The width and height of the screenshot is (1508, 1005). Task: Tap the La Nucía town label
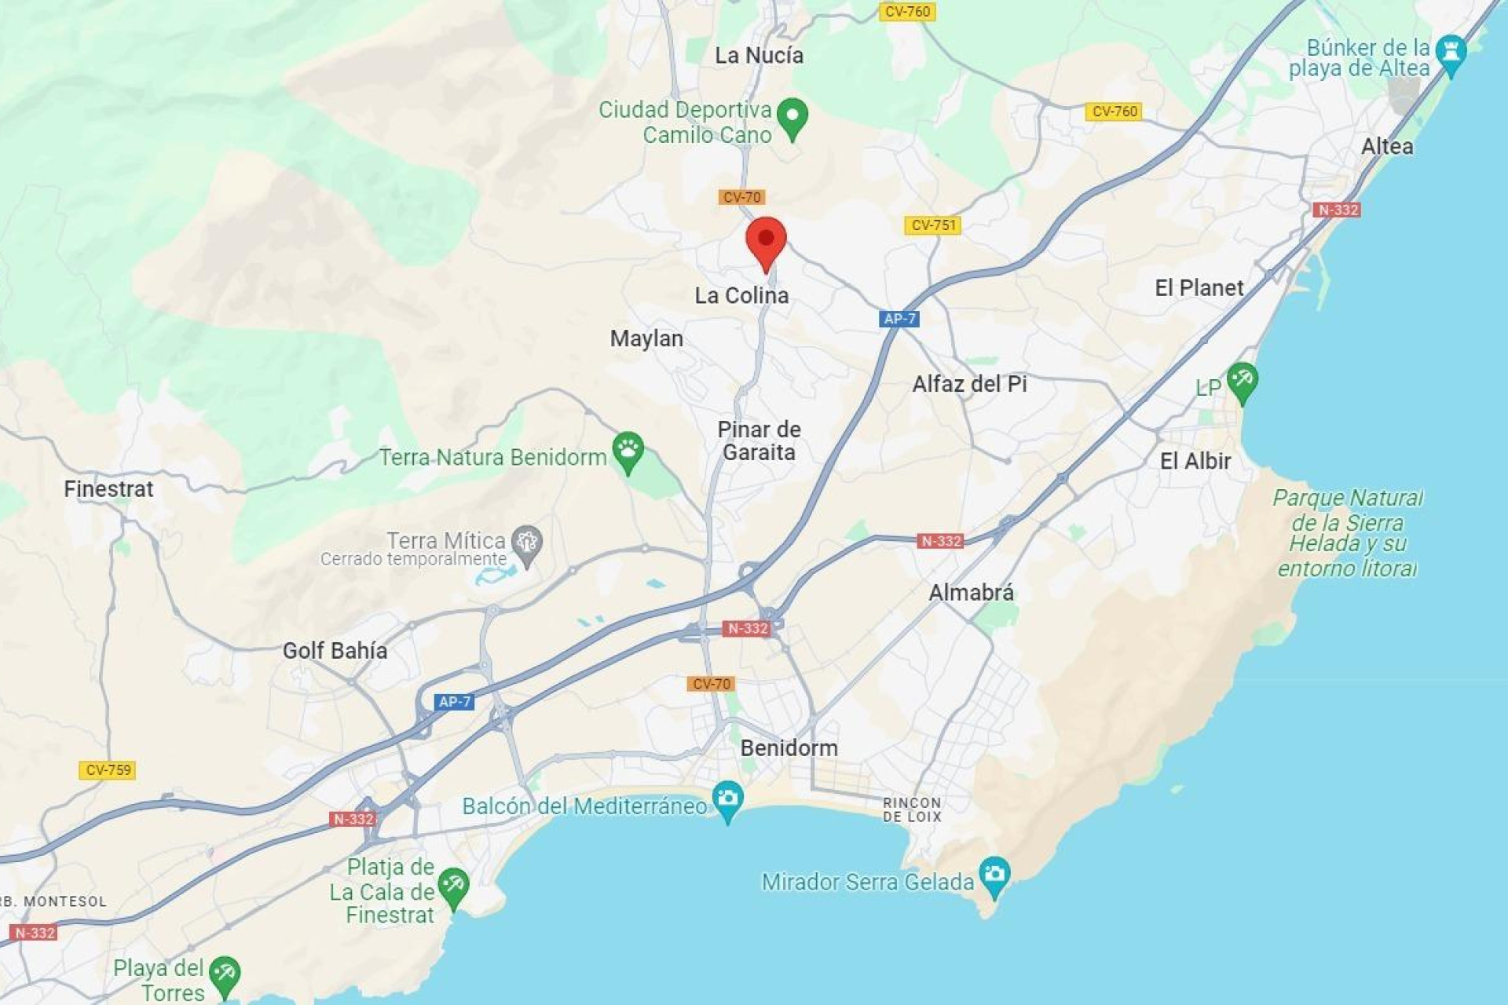point(759,56)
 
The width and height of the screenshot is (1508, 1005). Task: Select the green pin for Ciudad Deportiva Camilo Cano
point(792,118)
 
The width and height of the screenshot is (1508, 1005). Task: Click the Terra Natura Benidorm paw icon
point(628,451)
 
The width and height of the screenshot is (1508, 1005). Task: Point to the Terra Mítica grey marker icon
point(526,543)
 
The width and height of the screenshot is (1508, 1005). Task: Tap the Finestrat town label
point(108,489)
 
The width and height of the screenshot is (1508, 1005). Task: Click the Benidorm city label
point(789,747)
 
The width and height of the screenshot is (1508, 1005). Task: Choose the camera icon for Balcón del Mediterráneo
point(727,800)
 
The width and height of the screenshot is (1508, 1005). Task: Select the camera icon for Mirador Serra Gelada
point(994,875)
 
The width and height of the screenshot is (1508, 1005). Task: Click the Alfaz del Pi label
point(969,384)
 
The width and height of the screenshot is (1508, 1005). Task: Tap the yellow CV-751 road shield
point(932,225)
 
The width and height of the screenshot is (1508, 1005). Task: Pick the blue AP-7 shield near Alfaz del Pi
point(899,319)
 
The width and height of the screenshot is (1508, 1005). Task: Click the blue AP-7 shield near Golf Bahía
point(454,701)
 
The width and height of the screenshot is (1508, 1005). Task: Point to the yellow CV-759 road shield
point(108,769)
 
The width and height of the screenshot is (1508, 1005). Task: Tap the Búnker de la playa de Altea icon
point(1450,53)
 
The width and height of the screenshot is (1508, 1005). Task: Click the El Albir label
point(1195,461)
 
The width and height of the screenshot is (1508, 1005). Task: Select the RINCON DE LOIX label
point(911,809)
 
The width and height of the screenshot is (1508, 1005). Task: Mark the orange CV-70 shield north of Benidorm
point(711,684)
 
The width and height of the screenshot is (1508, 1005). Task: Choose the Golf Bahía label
point(335,650)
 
